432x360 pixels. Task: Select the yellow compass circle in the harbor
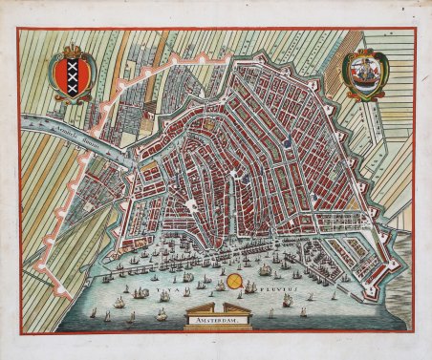(x=222, y=284)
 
